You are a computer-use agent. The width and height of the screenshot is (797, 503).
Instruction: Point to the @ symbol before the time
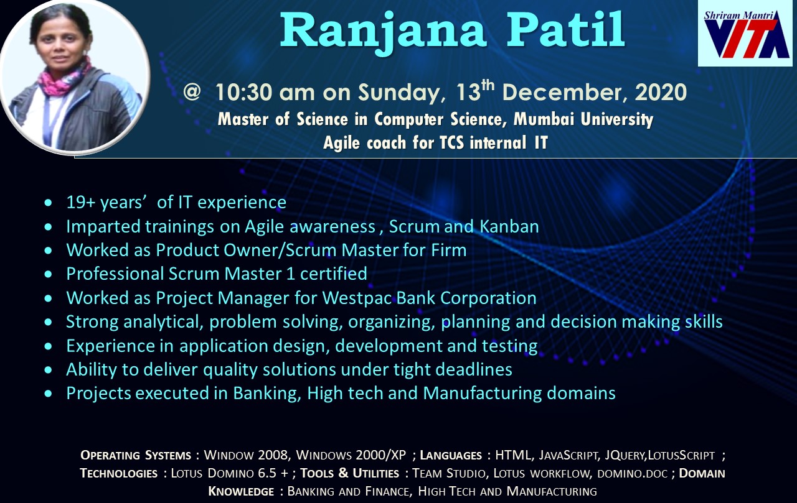click(x=192, y=91)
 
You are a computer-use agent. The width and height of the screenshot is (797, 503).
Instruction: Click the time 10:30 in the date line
click(x=243, y=92)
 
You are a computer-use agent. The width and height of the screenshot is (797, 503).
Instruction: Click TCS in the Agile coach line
click(x=452, y=143)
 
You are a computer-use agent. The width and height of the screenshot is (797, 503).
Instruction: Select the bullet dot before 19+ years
click(x=49, y=203)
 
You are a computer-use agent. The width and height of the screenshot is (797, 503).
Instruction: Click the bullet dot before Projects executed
click(x=49, y=394)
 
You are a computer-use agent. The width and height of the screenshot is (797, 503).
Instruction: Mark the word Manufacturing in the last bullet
click(x=482, y=394)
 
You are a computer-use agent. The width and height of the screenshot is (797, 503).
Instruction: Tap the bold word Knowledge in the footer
click(x=241, y=491)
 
